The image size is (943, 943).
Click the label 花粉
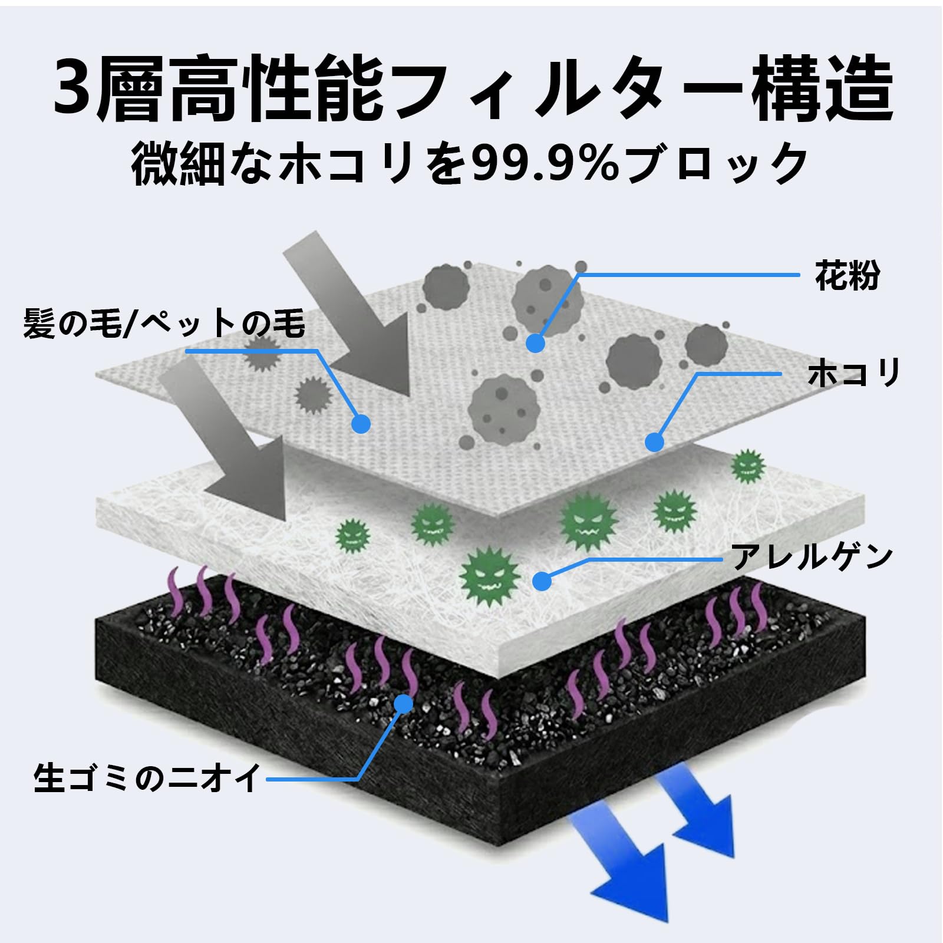(847, 275)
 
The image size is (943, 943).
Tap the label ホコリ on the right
(854, 374)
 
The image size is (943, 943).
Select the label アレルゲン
(812, 556)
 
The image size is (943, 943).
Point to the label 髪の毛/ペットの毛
(164, 324)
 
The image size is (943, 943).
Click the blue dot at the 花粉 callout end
(535, 343)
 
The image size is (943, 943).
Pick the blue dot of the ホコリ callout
(654, 441)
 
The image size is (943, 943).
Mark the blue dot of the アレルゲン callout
(542, 581)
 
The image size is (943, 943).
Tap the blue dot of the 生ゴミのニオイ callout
(403, 703)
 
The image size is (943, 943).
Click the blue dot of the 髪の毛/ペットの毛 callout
(361, 423)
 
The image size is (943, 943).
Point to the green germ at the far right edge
(748, 466)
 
